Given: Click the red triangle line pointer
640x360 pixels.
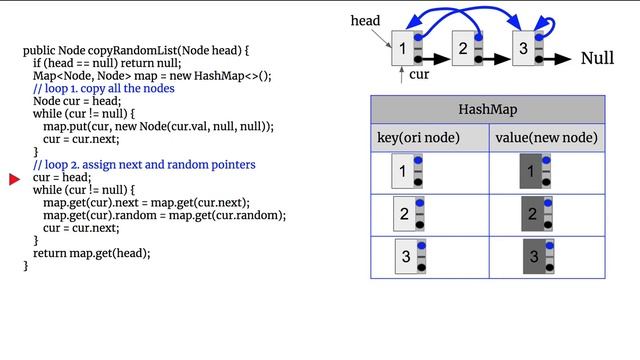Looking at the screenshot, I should point(15,179).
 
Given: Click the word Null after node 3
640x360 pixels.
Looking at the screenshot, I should point(597,59).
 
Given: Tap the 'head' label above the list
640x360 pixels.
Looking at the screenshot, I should point(365,20).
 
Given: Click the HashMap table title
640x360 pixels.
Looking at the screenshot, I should point(488,109).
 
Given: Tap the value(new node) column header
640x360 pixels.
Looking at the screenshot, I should point(547,137).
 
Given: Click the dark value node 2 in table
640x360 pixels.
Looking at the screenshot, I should point(533,214).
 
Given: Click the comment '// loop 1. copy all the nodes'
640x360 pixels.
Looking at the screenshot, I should point(103,89).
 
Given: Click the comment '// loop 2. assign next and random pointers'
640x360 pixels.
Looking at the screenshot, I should point(144,164).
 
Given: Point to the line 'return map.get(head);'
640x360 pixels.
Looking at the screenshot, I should point(91,253).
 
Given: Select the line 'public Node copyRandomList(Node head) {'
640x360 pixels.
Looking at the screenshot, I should point(135,50).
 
